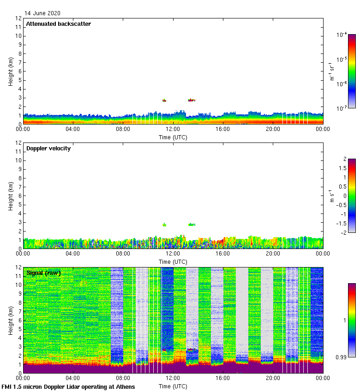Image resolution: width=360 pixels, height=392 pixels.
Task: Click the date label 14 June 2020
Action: click(42, 13)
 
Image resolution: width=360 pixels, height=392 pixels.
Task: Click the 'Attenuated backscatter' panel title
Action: click(58, 24)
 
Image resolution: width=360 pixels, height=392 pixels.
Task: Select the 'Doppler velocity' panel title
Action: click(48, 148)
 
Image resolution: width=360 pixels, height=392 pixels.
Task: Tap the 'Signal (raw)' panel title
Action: click(43, 273)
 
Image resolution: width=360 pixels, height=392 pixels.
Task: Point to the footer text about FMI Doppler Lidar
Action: click(68, 386)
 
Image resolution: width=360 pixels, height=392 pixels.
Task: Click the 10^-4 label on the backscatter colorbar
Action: click(342, 35)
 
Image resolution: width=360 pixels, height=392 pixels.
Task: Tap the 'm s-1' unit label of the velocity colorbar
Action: click(331, 196)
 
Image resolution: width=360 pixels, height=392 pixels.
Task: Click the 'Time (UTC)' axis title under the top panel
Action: click(173, 137)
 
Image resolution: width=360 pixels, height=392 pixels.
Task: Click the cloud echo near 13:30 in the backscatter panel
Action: click(191, 100)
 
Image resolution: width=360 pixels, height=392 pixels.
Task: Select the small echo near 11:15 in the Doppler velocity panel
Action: click(164, 225)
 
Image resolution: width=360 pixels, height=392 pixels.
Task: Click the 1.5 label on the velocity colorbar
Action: click(342, 168)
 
